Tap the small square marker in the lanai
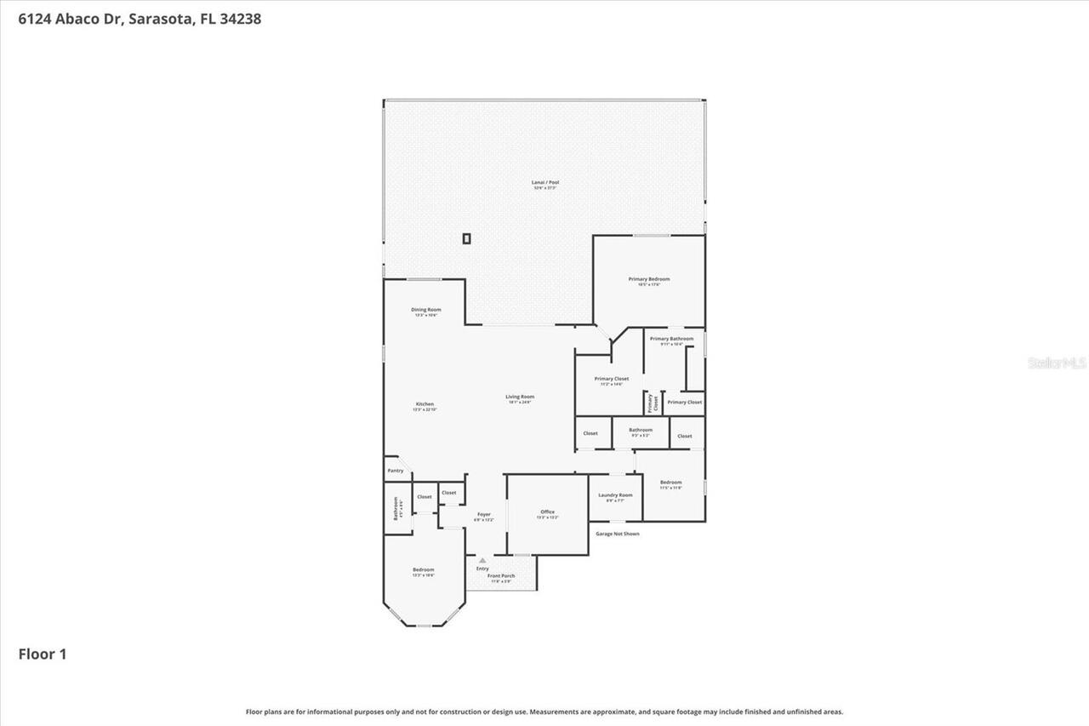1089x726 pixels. [466, 239]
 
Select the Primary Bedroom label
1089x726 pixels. [649, 279]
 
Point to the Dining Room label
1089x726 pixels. [425, 310]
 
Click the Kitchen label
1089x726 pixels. [425, 404]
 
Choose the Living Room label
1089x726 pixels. [520, 397]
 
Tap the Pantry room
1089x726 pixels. [396, 471]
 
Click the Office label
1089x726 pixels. [547, 512]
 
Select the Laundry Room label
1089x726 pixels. [615, 495]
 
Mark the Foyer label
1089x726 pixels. [483, 515]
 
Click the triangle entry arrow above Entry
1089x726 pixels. [482, 560]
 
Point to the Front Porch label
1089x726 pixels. [501, 576]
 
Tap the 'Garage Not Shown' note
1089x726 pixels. [617, 534]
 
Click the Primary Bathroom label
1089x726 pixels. [671, 339]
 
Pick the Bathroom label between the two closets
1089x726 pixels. [640, 430]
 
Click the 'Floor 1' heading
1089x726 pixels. [43, 654]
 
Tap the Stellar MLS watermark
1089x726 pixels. [1057, 363]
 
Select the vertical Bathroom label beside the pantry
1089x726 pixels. [396, 509]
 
